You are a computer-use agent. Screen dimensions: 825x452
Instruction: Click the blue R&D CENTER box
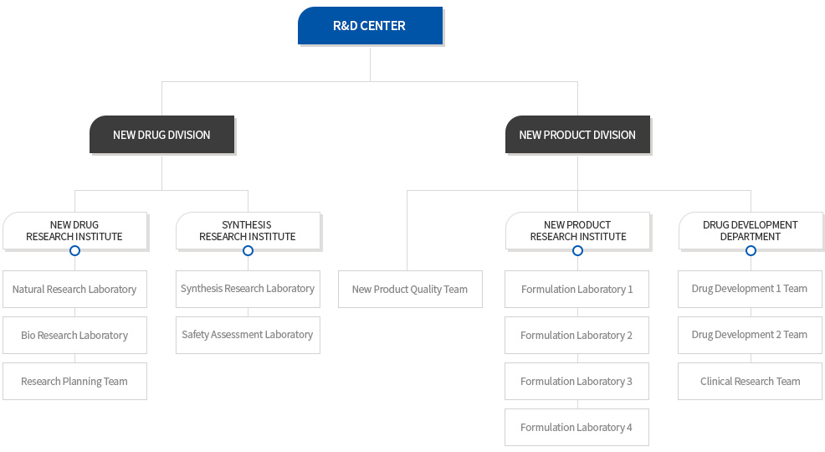370,26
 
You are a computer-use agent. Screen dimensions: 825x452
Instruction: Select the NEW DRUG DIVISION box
161,135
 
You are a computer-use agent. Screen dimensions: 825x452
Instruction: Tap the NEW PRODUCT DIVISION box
577,135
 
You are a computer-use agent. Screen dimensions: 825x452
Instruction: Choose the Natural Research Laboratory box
74,290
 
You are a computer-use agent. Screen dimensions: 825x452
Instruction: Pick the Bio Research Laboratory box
74,335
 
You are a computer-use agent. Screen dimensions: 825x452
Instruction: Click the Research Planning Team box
74,382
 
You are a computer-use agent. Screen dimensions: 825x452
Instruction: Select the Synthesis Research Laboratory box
248,290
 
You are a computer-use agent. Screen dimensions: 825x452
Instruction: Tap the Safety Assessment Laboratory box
248,335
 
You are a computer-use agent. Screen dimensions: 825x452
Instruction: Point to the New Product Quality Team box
410,290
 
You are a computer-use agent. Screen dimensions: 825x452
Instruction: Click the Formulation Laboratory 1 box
576,290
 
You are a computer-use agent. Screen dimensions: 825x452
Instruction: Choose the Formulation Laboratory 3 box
576,382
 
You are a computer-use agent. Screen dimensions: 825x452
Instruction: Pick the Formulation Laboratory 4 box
576,427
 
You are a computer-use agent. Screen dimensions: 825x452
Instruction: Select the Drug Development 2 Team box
750,335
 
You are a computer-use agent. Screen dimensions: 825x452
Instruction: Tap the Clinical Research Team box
750,382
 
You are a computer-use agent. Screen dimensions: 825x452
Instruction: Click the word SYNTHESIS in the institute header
247,224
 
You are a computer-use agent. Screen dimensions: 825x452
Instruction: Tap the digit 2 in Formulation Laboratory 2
629,336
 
